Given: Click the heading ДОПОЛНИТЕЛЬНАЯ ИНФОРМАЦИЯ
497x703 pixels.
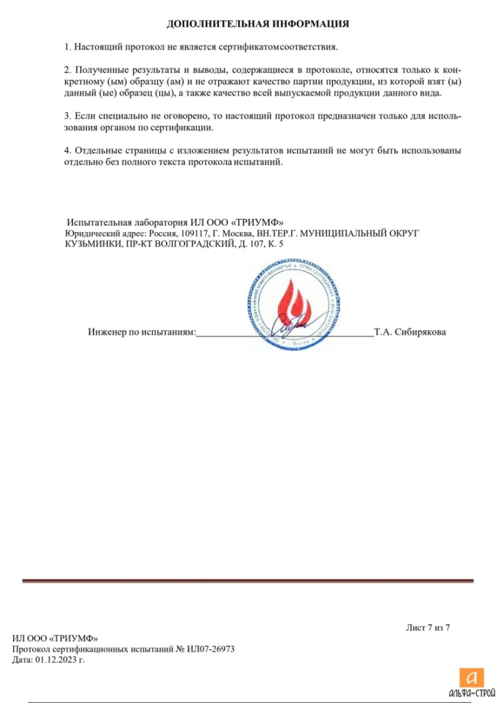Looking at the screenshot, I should [x=258, y=24].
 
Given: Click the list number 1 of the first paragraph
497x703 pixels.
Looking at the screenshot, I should [x=67, y=47].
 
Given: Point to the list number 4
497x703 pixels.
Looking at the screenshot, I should [x=67, y=150].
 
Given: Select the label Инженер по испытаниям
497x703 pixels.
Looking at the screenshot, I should [x=141, y=332].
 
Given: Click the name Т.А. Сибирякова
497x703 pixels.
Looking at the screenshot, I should [x=410, y=332].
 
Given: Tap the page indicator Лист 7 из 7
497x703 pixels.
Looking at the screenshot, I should [x=428, y=627].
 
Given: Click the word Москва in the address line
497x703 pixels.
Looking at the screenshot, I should [x=223, y=233].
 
